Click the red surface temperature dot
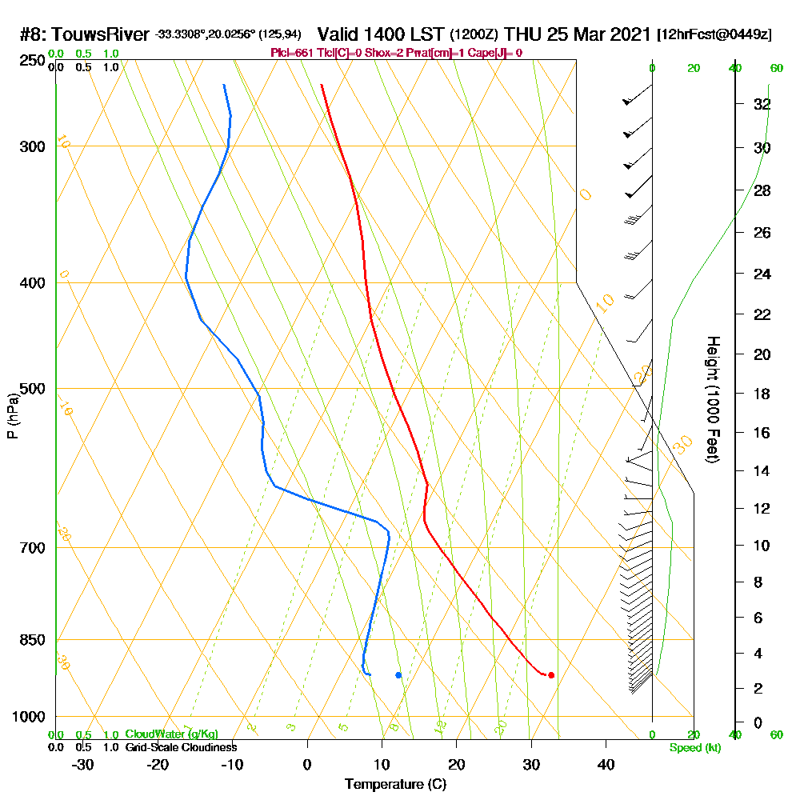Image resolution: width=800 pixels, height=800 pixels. click(x=551, y=675)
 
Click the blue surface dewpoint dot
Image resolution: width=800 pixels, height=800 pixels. click(x=398, y=675)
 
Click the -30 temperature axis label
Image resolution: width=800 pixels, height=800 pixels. click(x=83, y=765)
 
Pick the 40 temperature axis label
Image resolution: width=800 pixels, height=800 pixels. click(x=606, y=765)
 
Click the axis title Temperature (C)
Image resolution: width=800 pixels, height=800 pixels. click(x=395, y=785)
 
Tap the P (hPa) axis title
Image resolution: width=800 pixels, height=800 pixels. click(x=12, y=416)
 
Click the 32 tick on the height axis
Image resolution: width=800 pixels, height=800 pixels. click(x=762, y=104)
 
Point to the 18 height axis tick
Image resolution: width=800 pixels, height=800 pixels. click(x=762, y=394)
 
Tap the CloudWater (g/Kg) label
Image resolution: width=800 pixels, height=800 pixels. click(x=171, y=734)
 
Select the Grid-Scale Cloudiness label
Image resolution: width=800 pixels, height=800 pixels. click(x=181, y=747)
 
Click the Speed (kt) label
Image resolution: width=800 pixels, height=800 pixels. click(x=694, y=747)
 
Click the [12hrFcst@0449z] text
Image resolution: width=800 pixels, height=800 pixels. click(x=714, y=35)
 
